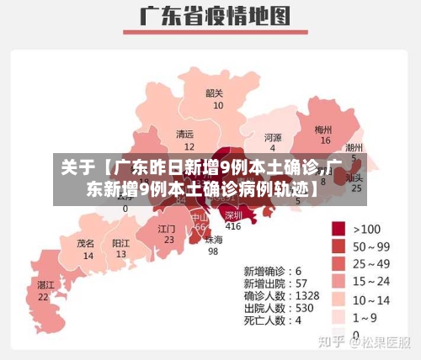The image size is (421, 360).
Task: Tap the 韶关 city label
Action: tap(215, 93)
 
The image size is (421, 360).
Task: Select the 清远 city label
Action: tap(184, 134)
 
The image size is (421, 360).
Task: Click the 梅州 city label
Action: tap(323, 130)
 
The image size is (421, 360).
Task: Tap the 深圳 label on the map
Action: tap(233, 215)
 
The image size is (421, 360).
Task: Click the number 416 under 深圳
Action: tap(233, 226)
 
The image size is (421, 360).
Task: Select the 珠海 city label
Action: tap(214, 239)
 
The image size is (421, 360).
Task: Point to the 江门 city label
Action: tap(167, 228)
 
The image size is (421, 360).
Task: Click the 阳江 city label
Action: tap(121, 242)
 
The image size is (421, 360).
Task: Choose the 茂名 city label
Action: tap(86, 242)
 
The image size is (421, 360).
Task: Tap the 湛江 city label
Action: tap(45, 285)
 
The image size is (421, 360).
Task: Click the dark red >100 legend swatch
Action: tap(340, 228)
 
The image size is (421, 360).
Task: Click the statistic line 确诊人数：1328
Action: tap(282, 295)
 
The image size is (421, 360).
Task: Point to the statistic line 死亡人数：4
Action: tap(273, 320)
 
